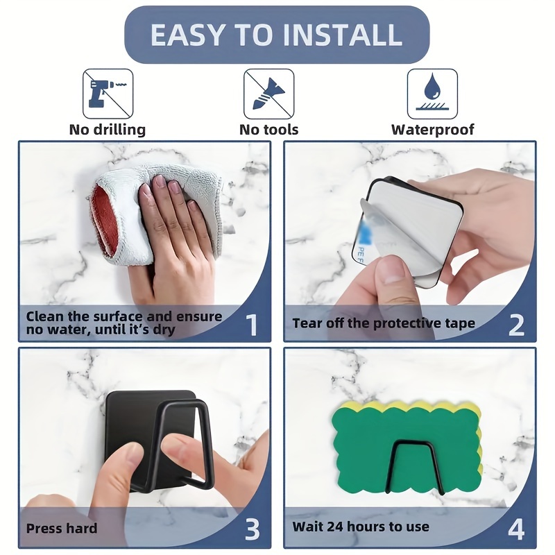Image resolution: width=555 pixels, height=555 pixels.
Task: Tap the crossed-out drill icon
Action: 108,94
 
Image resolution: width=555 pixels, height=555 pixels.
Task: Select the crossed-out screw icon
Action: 269,94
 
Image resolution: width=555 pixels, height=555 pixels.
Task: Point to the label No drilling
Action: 108,130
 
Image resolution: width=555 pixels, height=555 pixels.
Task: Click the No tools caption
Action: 269,130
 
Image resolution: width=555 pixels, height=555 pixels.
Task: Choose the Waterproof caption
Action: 432,130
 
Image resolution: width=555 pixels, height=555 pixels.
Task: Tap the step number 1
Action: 252,325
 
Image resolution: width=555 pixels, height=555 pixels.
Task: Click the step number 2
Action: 516,325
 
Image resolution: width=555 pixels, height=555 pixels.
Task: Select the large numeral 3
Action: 253,529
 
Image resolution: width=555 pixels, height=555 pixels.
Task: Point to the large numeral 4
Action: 516,529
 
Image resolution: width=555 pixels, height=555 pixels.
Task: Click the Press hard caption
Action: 62,529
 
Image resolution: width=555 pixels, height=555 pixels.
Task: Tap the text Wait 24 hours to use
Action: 361,527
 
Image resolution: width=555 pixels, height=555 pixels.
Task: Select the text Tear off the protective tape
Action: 384,323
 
